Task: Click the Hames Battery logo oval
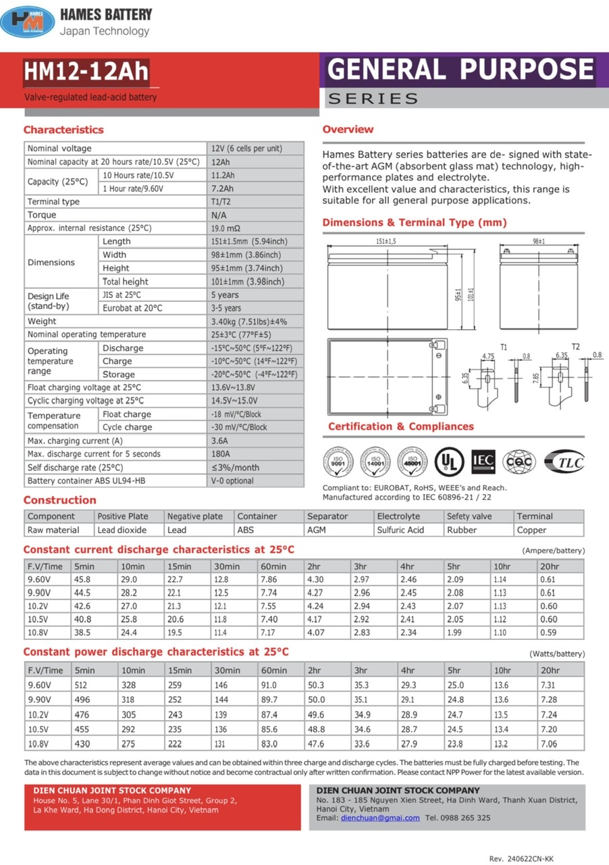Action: (28, 22)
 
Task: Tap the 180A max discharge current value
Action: (221, 454)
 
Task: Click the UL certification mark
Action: (448, 461)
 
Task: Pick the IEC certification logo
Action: (483, 461)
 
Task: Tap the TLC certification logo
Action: (564, 461)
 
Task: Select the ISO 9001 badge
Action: (338, 462)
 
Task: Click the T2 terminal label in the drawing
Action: (575, 347)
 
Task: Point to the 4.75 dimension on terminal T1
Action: (488, 355)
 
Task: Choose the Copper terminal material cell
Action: (531, 530)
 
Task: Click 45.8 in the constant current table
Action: (82, 580)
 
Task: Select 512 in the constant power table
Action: (82, 685)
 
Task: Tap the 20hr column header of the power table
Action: (550, 670)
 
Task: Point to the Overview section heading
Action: (348, 129)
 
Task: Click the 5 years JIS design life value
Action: (225, 295)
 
